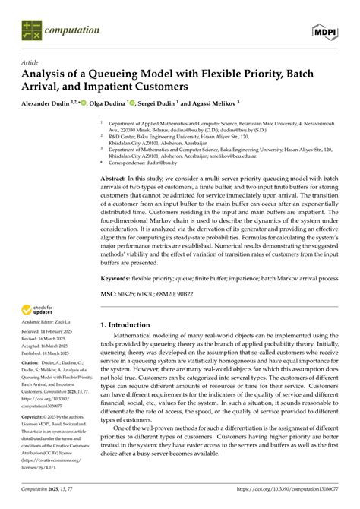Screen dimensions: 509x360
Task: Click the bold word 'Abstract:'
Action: (x=117, y=176)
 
